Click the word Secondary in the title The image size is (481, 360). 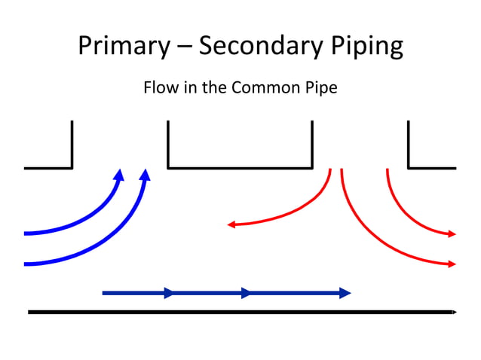tap(260, 46)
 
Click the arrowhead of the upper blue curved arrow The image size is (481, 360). tap(118, 175)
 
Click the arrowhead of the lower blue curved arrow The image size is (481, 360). tap(145, 175)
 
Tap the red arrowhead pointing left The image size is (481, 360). tap(231, 224)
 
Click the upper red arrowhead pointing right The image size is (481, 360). tap(452, 234)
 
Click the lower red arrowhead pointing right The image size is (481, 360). tap(452, 264)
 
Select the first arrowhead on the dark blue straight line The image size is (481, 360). tap(169, 293)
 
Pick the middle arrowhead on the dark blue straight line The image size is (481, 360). tap(246, 293)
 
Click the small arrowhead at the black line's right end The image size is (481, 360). tap(454, 311)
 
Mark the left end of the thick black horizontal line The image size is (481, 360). tap(29, 311)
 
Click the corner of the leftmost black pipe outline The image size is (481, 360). tap(72, 167)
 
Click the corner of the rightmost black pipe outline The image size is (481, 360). tap(409, 167)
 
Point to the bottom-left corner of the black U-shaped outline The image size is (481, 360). tap(168, 167)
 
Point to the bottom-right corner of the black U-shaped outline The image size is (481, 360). tap(311, 167)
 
